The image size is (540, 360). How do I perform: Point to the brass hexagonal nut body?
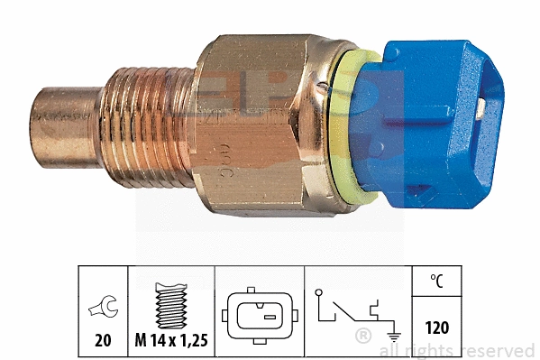click(252, 126)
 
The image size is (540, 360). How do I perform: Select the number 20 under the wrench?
click(105, 340)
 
